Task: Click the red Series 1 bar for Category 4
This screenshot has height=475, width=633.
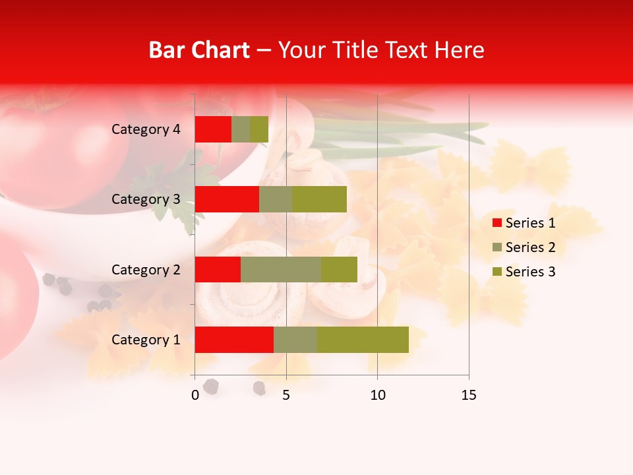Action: pos(213,129)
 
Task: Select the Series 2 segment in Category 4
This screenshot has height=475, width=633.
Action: pos(241,129)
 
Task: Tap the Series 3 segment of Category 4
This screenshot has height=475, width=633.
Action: pos(259,129)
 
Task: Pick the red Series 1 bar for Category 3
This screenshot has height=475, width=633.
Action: pos(227,199)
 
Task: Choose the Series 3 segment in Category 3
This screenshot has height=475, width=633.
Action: pos(319,199)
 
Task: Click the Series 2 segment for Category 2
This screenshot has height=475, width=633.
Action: pos(281,269)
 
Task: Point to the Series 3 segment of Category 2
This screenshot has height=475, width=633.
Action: pos(339,269)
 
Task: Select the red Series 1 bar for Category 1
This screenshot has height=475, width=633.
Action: pos(234,340)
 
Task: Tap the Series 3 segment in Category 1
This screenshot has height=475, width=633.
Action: pos(363,340)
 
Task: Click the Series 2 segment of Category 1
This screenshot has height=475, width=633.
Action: pos(295,340)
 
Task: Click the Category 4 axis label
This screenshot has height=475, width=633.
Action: pos(146,129)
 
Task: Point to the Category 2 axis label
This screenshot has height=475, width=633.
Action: pos(146,269)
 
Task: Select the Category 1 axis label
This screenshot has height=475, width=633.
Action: pos(146,340)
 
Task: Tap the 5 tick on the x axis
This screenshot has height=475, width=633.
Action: pos(286,395)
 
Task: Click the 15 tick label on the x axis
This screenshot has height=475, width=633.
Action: pos(468,395)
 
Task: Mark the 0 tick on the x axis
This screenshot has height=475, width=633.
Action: pos(195,395)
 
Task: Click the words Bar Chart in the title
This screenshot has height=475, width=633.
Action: pos(199,50)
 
